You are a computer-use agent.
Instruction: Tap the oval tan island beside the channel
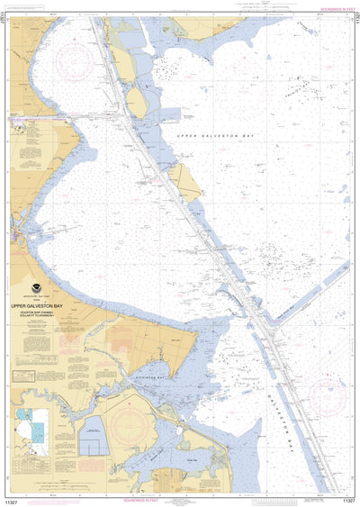click(x=137, y=101)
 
